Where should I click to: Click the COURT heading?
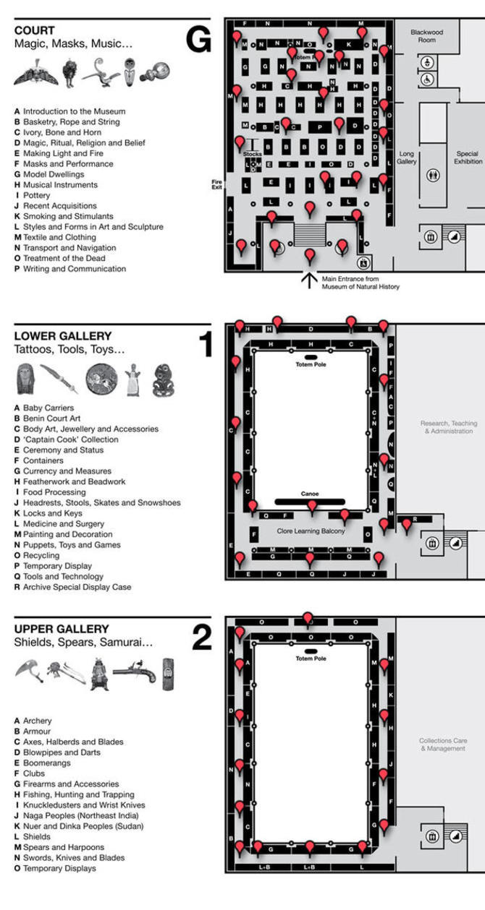pos(34,30)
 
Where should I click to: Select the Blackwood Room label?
pos(426,35)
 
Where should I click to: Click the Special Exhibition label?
pos(468,158)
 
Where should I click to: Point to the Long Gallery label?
pos(407,158)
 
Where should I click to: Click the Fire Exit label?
pos(216,184)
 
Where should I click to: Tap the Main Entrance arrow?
pos(310,280)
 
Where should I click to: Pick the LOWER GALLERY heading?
pos(63,336)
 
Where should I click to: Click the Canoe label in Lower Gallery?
pos(310,494)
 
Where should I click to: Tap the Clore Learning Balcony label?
pos(310,531)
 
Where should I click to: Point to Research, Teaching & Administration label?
pos(447,427)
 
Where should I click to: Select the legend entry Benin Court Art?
pos(51,418)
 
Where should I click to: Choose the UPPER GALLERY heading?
pos(62,629)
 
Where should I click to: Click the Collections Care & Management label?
pos(443,744)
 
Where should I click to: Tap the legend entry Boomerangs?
pos(47,763)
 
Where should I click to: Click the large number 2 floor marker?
pos(201,638)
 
